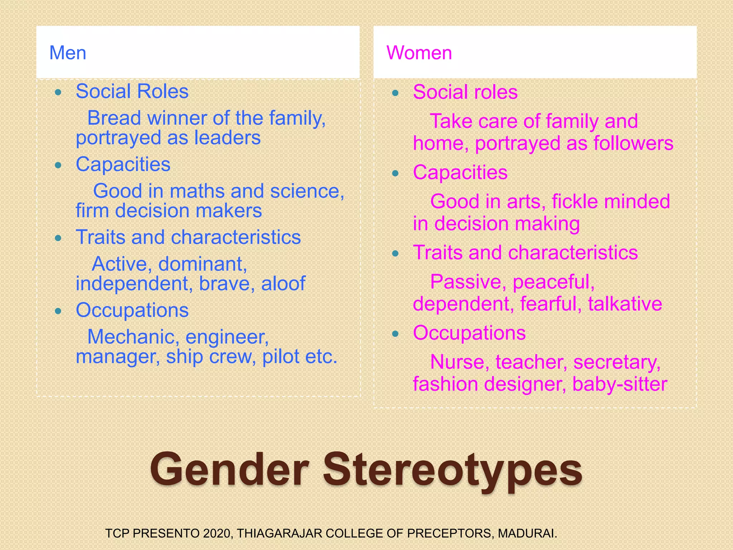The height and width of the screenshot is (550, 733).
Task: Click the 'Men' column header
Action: [68, 53]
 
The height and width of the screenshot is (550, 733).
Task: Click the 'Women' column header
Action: [419, 53]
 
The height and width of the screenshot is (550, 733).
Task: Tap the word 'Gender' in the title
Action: [229, 470]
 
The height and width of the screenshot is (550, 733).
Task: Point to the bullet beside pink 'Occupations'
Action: [395, 334]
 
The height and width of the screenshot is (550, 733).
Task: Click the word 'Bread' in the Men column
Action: [112, 118]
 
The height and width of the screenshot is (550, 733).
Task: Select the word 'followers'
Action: [633, 143]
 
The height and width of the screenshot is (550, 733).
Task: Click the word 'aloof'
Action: [283, 284]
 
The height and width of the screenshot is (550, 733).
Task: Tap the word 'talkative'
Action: [625, 304]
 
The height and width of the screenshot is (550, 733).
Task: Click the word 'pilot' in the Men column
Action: [281, 357]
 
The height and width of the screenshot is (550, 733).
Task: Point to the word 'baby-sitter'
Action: [620, 384]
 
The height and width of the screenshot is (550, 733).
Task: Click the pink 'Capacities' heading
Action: [460, 173]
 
